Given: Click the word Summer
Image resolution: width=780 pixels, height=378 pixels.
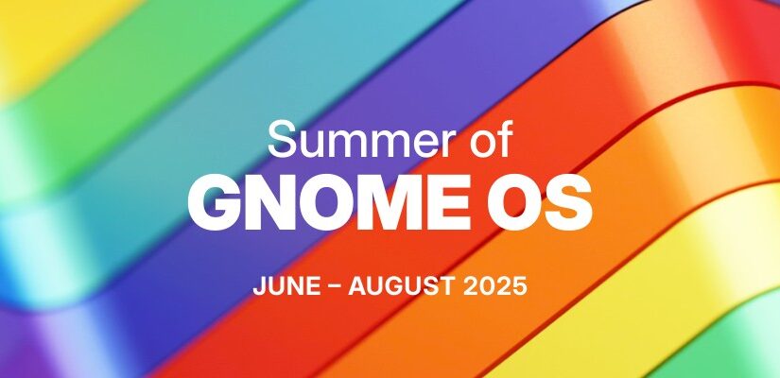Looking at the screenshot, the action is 355,140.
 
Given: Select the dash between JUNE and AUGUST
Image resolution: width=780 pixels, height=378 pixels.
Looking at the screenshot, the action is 336,288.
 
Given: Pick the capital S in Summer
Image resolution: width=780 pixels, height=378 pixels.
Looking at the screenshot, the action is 281,139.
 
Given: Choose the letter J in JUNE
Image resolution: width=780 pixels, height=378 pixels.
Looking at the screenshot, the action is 259,287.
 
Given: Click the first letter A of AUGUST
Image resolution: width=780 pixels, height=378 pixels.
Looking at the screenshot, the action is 358,287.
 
